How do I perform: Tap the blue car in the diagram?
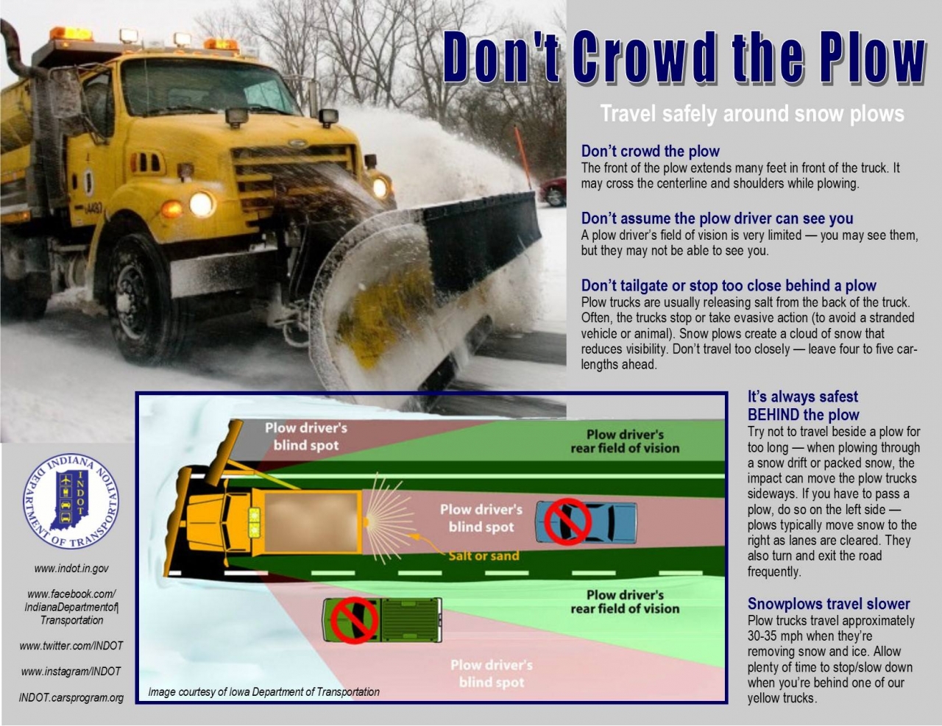click(587, 522)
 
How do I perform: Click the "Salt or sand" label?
click(484, 556)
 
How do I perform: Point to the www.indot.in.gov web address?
click(71, 569)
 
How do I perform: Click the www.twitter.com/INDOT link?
click(71, 646)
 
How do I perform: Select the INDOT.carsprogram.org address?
click(71, 698)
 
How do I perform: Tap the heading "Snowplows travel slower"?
click(829, 604)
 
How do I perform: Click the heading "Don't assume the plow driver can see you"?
click(717, 218)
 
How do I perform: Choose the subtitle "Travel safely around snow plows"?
click(752, 114)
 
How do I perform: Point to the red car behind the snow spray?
click(553, 191)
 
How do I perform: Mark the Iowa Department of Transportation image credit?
click(263, 692)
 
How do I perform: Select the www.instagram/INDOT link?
click(71, 672)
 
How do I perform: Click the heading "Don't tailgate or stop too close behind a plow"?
click(729, 286)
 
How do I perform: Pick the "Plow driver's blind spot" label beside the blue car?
click(481, 518)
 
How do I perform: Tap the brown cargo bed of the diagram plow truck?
click(312, 522)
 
